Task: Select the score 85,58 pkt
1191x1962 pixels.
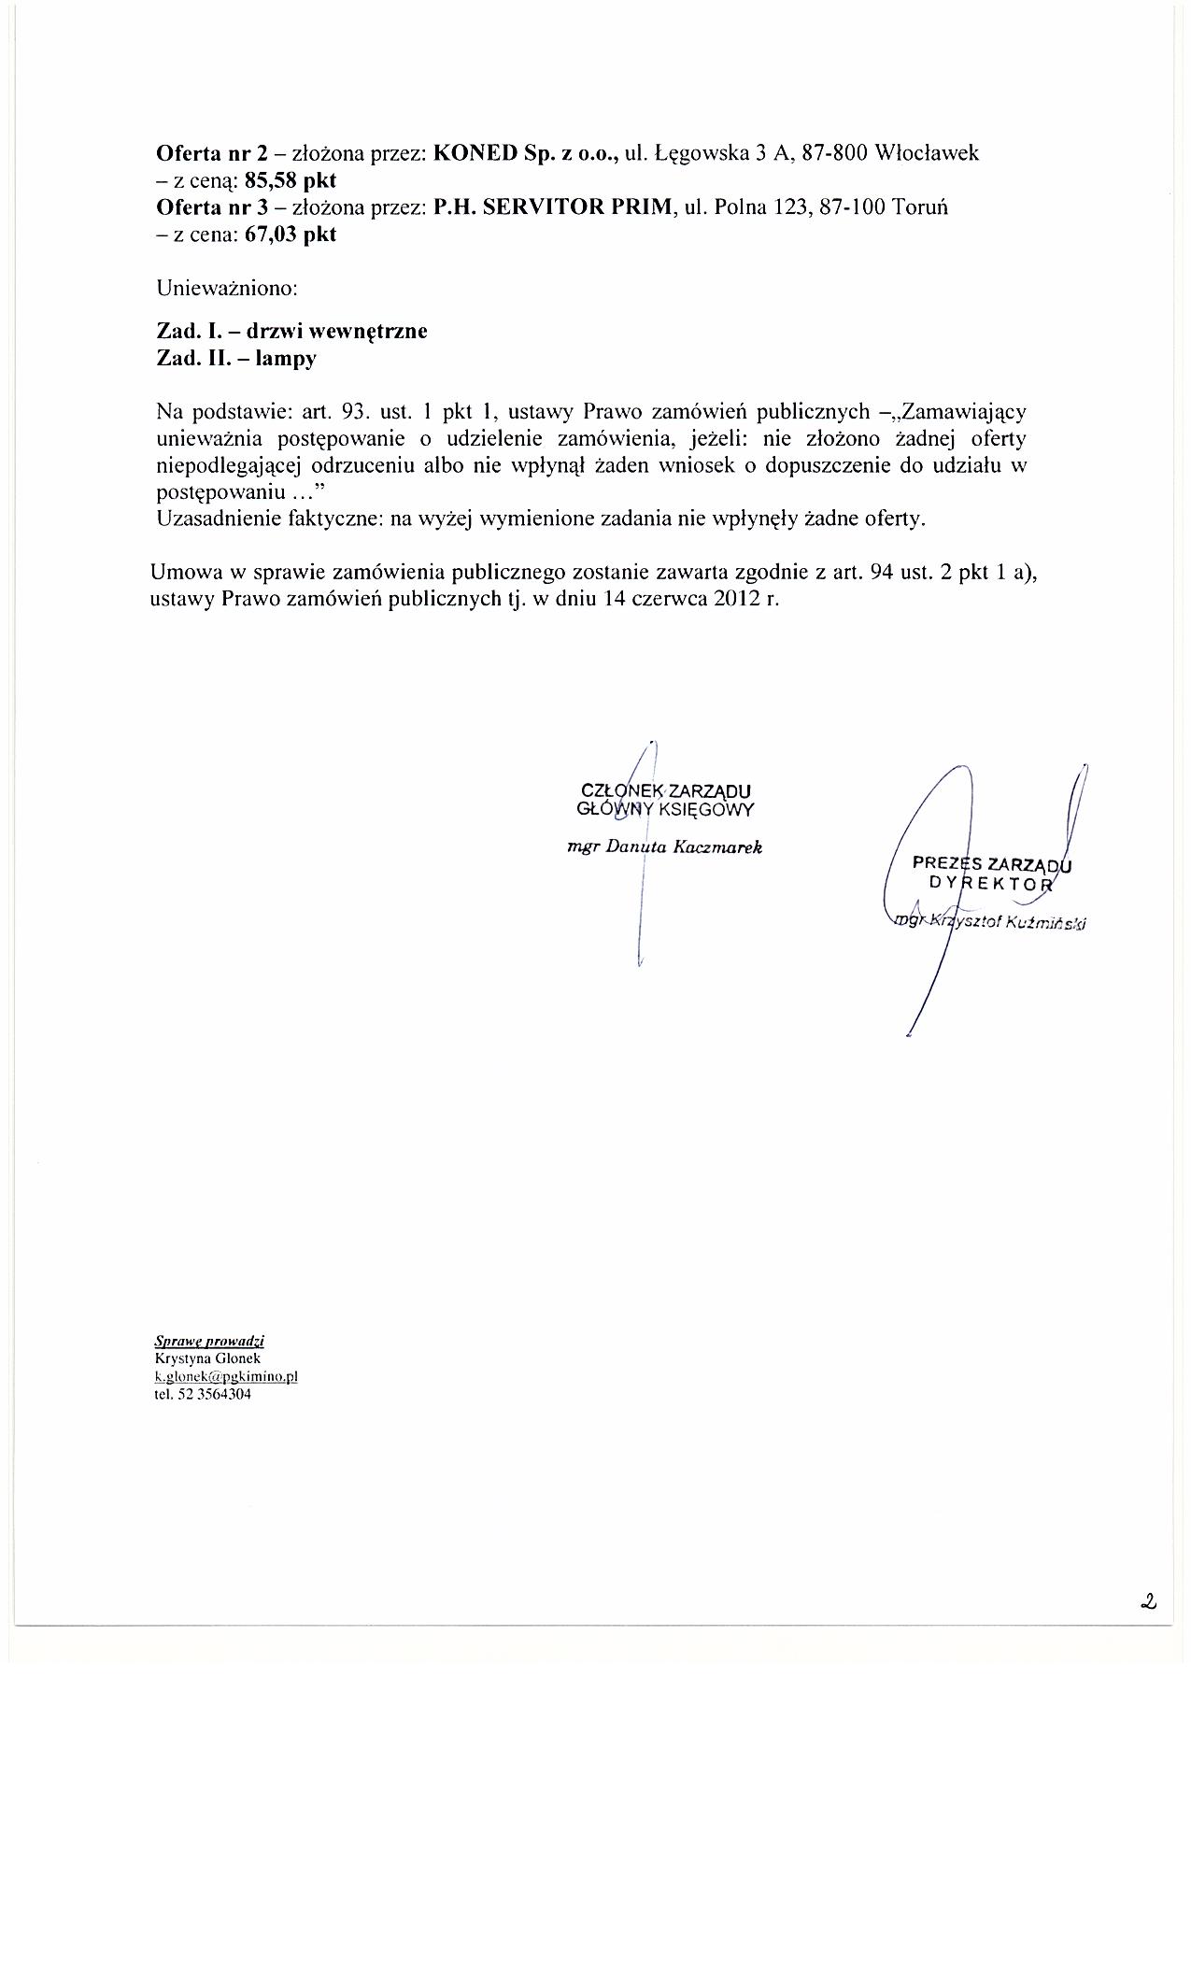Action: click(x=290, y=180)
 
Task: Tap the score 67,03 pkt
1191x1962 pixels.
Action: click(x=290, y=235)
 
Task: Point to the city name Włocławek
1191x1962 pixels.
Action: click(x=926, y=153)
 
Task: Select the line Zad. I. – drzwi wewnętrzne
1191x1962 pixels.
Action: click(x=291, y=332)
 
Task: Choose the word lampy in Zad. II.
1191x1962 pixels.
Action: click(x=290, y=359)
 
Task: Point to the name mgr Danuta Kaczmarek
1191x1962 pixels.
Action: click(x=665, y=847)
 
